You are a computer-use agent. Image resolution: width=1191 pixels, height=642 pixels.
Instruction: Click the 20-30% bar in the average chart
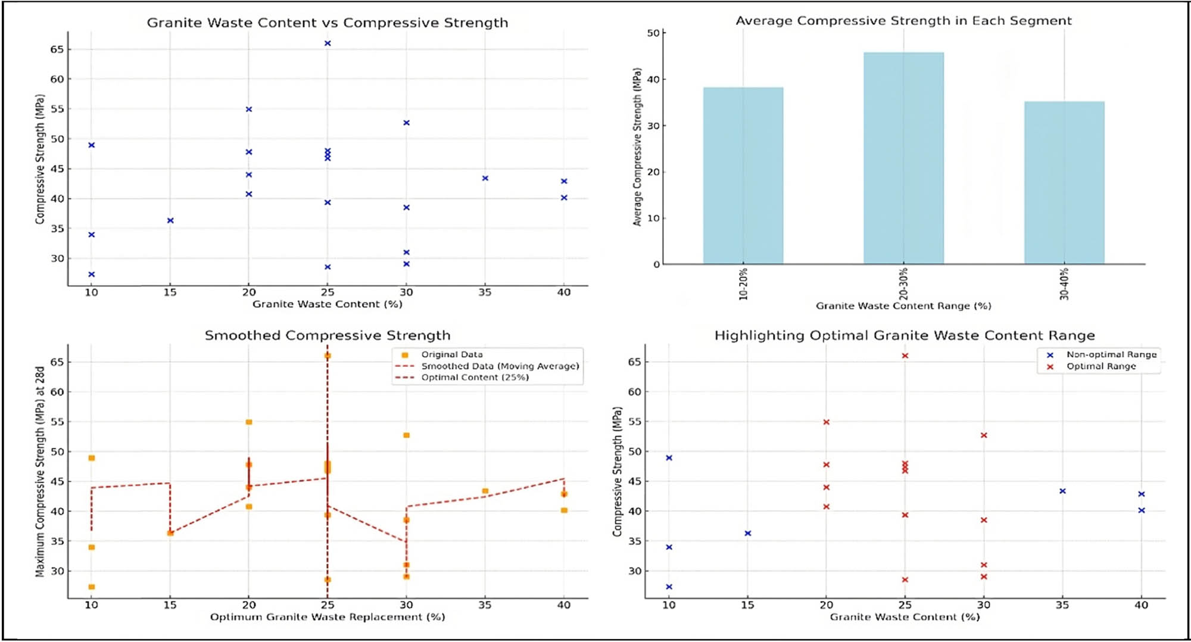(903, 158)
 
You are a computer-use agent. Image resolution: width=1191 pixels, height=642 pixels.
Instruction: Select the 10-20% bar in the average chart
(743, 176)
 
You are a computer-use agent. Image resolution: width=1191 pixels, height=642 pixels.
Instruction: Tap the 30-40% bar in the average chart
(1064, 182)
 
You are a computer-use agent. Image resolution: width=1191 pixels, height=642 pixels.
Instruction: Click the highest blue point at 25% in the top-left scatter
(328, 43)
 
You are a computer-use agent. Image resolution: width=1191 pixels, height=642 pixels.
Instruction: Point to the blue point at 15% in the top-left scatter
(170, 220)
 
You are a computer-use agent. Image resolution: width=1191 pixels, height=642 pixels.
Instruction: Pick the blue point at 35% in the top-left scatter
(485, 178)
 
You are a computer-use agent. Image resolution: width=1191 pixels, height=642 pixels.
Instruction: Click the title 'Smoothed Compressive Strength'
(328, 335)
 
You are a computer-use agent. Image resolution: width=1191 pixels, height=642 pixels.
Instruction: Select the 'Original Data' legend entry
(451, 354)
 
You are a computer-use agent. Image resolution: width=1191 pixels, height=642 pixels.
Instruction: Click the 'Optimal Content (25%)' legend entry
(475, 378)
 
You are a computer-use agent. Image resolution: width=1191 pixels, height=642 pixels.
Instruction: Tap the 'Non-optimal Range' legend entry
(1111, 354)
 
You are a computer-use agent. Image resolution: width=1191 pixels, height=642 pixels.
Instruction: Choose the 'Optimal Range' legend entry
(1100, 366)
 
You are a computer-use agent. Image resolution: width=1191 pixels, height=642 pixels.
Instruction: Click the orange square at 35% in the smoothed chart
(485, 491)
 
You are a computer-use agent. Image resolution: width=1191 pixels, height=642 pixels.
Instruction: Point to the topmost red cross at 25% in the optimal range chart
(905, 356)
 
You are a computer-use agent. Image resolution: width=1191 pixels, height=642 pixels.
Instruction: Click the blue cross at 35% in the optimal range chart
(1062, 491)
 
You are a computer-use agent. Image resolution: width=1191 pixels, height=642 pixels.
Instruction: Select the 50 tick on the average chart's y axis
(653, 33)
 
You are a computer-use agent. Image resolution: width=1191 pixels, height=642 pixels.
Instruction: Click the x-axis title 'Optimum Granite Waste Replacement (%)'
(328, 617)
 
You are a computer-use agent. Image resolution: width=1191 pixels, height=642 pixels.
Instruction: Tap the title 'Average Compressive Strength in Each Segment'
(903, 21)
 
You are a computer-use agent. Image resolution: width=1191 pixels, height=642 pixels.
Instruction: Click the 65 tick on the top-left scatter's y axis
(57, 49)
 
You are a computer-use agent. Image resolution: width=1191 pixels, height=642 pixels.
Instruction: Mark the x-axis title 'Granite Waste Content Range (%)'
(903, 306)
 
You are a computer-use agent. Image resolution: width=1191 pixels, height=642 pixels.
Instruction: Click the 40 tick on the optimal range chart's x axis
(1141, 605)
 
